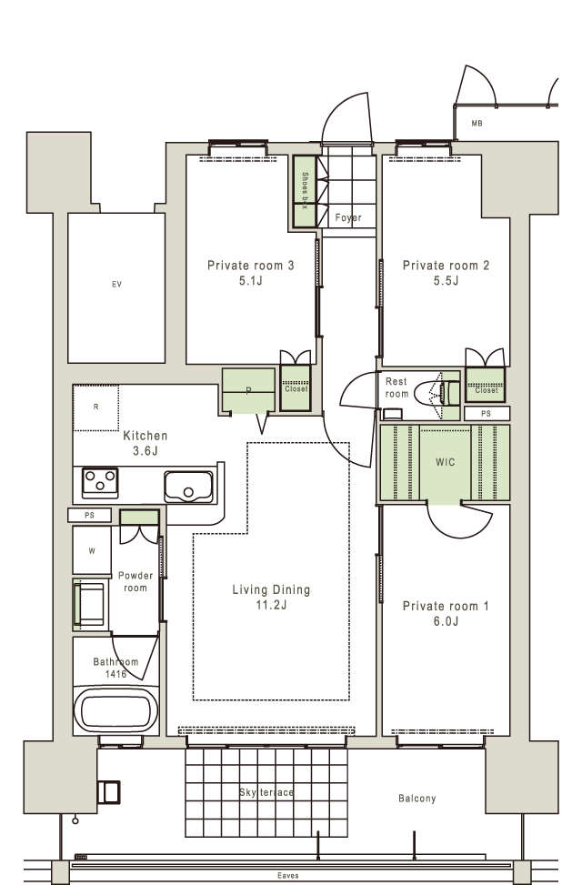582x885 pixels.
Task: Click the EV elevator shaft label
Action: click(x=116, y=285)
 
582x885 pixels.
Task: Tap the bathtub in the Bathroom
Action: click(x=116, y=709)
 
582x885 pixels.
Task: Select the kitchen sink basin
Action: click(x=188, y=487)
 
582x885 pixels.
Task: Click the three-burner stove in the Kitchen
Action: click(x=100, y=483)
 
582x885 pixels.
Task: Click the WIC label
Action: click(x=445, y=462)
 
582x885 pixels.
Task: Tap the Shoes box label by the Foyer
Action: click(x=305, y=190)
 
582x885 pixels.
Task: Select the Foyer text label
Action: click(x=347, y=217)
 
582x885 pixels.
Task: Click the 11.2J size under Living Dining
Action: click(x=271, y=605)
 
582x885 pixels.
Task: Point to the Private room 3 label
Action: click(x=251, y=266)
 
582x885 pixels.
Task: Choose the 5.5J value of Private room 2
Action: click(x=446, y=280)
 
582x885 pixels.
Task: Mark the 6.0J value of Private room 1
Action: click(x=446, y=621)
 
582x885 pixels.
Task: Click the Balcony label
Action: click(x=417, y=798)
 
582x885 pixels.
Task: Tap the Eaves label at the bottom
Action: click(x=288, y=875)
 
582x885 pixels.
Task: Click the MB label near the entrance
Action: click(x=477, y=123)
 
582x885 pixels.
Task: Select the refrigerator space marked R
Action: click(x=96, y=407)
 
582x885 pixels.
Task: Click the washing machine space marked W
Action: click(x=92, y=551)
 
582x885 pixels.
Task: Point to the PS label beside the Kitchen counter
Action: click(x=89, y=515)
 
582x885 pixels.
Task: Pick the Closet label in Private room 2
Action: click(x=486, y=390)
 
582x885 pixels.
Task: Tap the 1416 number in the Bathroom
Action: click(x=115, y=674)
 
